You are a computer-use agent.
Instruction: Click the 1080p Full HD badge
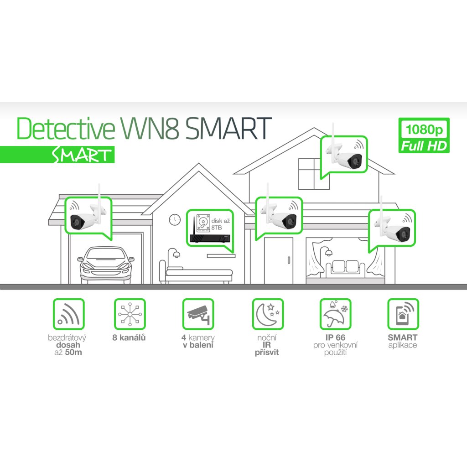pyautogui.click(x=424, y=135)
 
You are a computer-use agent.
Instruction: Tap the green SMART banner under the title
pyautogui.click(x=57, y=155)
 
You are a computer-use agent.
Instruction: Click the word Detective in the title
pyautogui.click(x=66, y=129)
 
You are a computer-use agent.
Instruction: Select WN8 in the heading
pyautogui.click(x=150, y=129)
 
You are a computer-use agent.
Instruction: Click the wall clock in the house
pyautogui.click(x=175, y=220)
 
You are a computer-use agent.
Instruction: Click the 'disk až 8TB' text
pyautogui.click(x=220, y=224)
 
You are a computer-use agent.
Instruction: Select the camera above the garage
pyautogui.click(x=88, y=214)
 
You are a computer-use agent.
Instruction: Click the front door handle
pyautogui.click(x=289, y=259)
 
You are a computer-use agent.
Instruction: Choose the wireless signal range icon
pyautogui.click(x=69, y=314)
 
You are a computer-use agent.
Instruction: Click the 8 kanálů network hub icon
pyautogui.click(x=130, y=314)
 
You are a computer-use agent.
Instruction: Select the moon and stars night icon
pyautogui.click(x=268, y=314)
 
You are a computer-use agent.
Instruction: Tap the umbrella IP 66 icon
pyautogui.click(x=335, y=314)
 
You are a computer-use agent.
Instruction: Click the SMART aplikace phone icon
pyautogui.click(x=403, y=314)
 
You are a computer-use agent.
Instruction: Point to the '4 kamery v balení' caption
pyautogui.click(x=198, y=341)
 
